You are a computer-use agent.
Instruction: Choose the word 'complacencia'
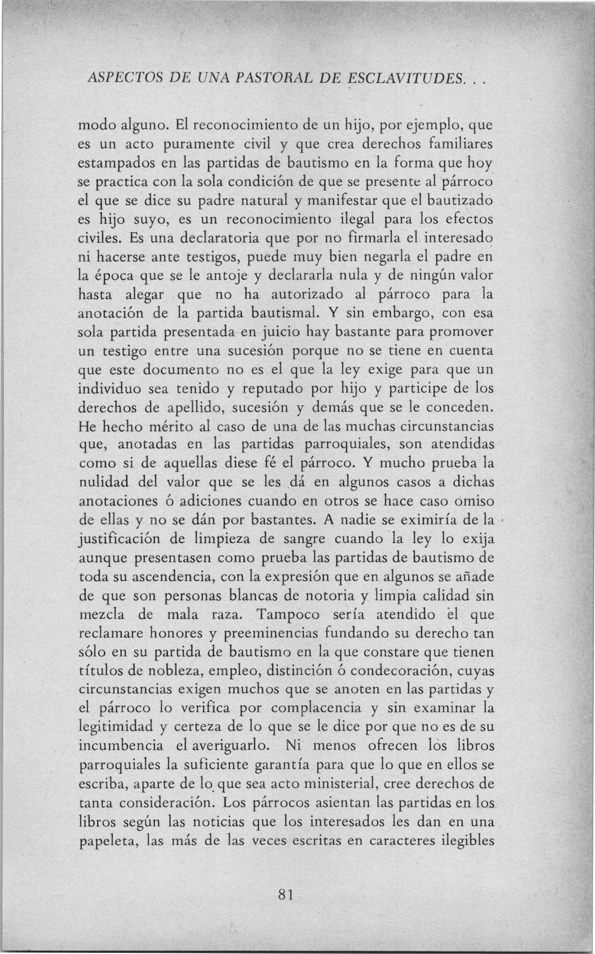click(x=316, y=708)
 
